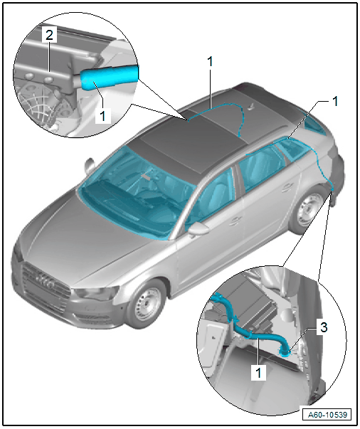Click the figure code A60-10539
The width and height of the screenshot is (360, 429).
pyautogui.click(x=327, y=415)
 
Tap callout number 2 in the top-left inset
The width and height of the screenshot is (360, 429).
pyautogui.click(x=49, y=35)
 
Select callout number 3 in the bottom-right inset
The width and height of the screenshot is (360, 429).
pyautogui.click(x=324, y=327)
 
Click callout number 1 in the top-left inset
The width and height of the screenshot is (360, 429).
pyautogui.click(x=102, y=115)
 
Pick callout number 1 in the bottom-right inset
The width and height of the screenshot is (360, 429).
pyautogui.click(x=258, y=372)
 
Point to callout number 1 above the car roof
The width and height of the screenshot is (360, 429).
pyautogui.click(x=210, y=62)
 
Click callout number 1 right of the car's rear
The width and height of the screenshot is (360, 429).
pyautogui.click(x=335, y=101)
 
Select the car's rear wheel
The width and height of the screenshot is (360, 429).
pyautogui.click(x=309, y=210)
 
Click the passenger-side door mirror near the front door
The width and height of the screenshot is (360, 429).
pyautogui.click(x=198, y=229)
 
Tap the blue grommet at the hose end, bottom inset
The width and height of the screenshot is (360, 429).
pyautogui.click(x=283, y=353)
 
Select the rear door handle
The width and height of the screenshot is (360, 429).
pyautogui.click(x=287, y=187)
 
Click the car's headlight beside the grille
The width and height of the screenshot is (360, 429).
pyautogui.click(x=96, y=293)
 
